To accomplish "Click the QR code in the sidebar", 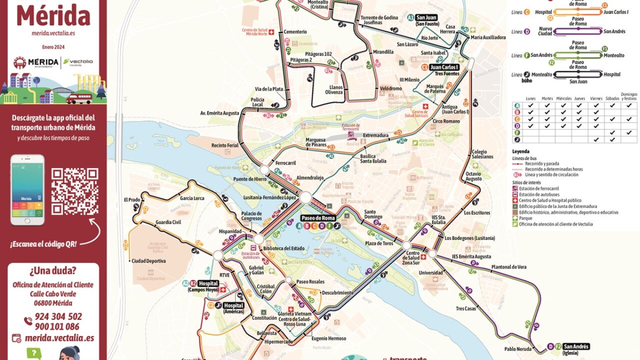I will click(x=74, y=191).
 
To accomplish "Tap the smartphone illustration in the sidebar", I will click(x=27, y=189).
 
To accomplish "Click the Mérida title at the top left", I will click(x=53, y=15).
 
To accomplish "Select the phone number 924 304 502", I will click(x=58, y=316).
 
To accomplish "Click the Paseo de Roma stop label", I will click(x=318, y=218).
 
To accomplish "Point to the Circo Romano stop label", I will click(x=445, y=121).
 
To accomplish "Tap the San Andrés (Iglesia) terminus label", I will click(x=576, y=346).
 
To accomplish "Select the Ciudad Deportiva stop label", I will click(x=148, y=261).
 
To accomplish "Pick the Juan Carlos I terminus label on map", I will click(x=444, y=67).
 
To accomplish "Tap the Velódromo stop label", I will click(x=390, y=88).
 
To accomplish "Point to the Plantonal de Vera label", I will click(x=508, y=267).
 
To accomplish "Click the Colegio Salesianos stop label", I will click(x=482, y=154).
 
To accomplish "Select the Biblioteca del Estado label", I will click(x=283, y=248).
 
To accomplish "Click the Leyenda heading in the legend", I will click(x=520, y=151).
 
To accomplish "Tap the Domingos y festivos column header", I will click(x=628, y=96).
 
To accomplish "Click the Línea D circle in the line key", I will click(x=527, y=32).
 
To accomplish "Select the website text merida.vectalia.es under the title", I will click(x=53, y=33).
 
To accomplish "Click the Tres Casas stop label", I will click(x=466, y=308).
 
